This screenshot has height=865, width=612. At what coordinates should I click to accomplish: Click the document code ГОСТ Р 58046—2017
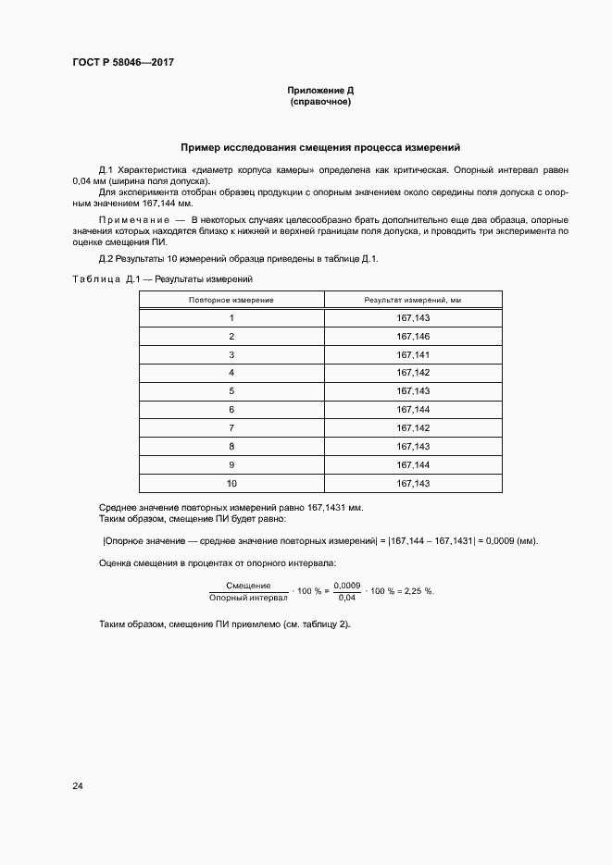[124, 63]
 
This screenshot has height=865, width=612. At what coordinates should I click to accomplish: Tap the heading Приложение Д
[320, 91]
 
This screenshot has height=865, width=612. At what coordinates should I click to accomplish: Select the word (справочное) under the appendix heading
[320, 102]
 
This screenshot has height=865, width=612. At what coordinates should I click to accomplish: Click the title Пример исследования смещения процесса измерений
[320, 147]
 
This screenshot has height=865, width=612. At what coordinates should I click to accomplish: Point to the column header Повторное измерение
[231, 300]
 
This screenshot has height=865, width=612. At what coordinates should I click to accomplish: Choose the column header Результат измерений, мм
[413, 300]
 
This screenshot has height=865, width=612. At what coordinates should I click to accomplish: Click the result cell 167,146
[413, 336]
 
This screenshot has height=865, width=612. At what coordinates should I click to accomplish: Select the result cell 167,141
[413, 354]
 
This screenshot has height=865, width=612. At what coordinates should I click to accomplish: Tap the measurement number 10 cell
[231, 483]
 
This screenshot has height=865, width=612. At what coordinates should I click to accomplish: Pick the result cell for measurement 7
[413, 427]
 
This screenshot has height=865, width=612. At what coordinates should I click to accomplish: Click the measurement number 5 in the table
[231, 390]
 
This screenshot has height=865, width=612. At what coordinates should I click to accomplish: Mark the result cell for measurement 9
[413, 464]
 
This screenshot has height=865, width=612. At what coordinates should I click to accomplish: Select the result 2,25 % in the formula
[414, 591]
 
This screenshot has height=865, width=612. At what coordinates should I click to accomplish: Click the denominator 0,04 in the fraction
[346, 598]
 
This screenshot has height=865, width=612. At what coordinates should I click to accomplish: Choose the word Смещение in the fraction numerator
[248, 586]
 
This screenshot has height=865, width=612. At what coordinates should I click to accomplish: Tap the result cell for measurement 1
[413, 317]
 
